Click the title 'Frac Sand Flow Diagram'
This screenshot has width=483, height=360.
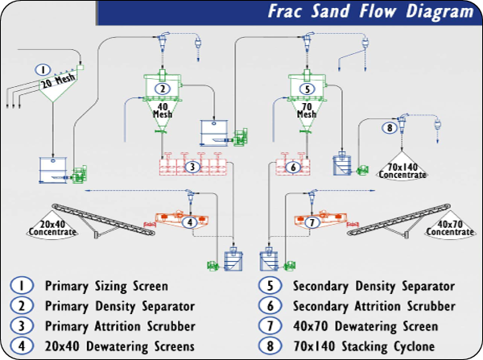click(370, 12)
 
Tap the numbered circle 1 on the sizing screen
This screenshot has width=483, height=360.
click(45, 69)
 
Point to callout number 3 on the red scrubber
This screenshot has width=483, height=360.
click(192, 167)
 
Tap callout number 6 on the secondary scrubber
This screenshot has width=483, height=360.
click(293, 167)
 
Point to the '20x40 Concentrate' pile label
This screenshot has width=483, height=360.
click(52, 229)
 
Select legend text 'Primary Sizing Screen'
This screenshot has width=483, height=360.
click(106, 286)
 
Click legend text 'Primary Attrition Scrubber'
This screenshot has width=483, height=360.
click(120, 326)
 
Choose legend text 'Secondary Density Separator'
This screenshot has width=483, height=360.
click(374, 286)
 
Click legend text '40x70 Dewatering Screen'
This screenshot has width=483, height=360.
click(365, 326)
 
